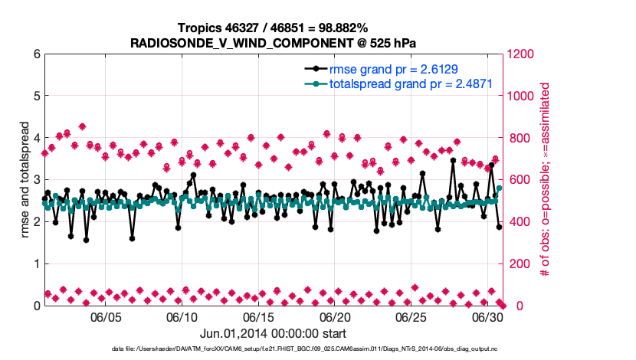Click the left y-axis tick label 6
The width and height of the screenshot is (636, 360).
click(x=36, y=54)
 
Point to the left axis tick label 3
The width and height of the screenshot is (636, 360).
click(x=36, y=180)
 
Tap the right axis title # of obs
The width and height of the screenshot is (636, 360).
click(x=546, y=180)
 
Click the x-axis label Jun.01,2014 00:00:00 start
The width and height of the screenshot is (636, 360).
click(x=273, y=334)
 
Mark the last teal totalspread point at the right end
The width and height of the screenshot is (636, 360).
click(x=500, y=188)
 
